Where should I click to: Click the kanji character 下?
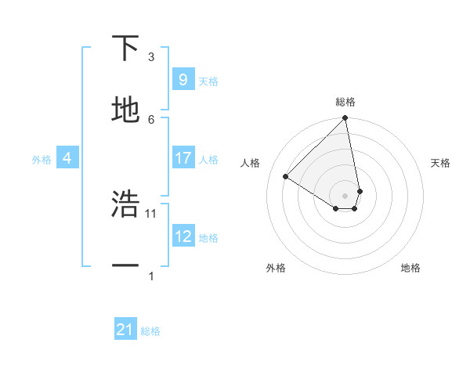pyautogui.click(x=125, y=49)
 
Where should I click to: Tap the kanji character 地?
pyautogui.click(x=125, y=110)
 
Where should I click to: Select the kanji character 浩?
pyautogui.click(x=125, y=204)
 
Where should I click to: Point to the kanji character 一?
pyautogui.click(x=125, y=266)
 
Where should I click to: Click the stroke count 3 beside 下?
pyautogui.click(x=151, y=57)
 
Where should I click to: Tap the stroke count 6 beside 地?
pyautogui.click(x=151, y=119)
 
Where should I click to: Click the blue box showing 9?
pyautogui.click(x=183, y=80)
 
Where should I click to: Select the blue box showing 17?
pyautogui.click(x=183, y=158)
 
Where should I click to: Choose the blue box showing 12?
pyautogui.click(x=183, y=236)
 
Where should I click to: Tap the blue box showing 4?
pyautogui.click(x=67, y=158)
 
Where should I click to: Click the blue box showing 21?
pyautogui.click(x=125, y=330)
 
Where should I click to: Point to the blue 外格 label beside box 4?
pyautogui.click(x=42, y=159)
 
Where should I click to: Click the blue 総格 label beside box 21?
pyautogui.click(x=150, y=331)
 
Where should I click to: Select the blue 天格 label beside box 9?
pyautogui.click(x=208, y=81)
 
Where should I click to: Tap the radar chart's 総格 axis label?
pyautogui.click(x=345, y=102)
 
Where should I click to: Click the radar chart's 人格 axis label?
pyautogui.click(x=251, y=163)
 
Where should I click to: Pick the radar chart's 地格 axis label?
pyautogui.click(x=410, y=268)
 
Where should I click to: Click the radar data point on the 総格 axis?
pyautogui.click(x=345, y=119)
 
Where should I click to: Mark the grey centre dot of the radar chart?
pyautogui.click(x=345, y=195)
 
